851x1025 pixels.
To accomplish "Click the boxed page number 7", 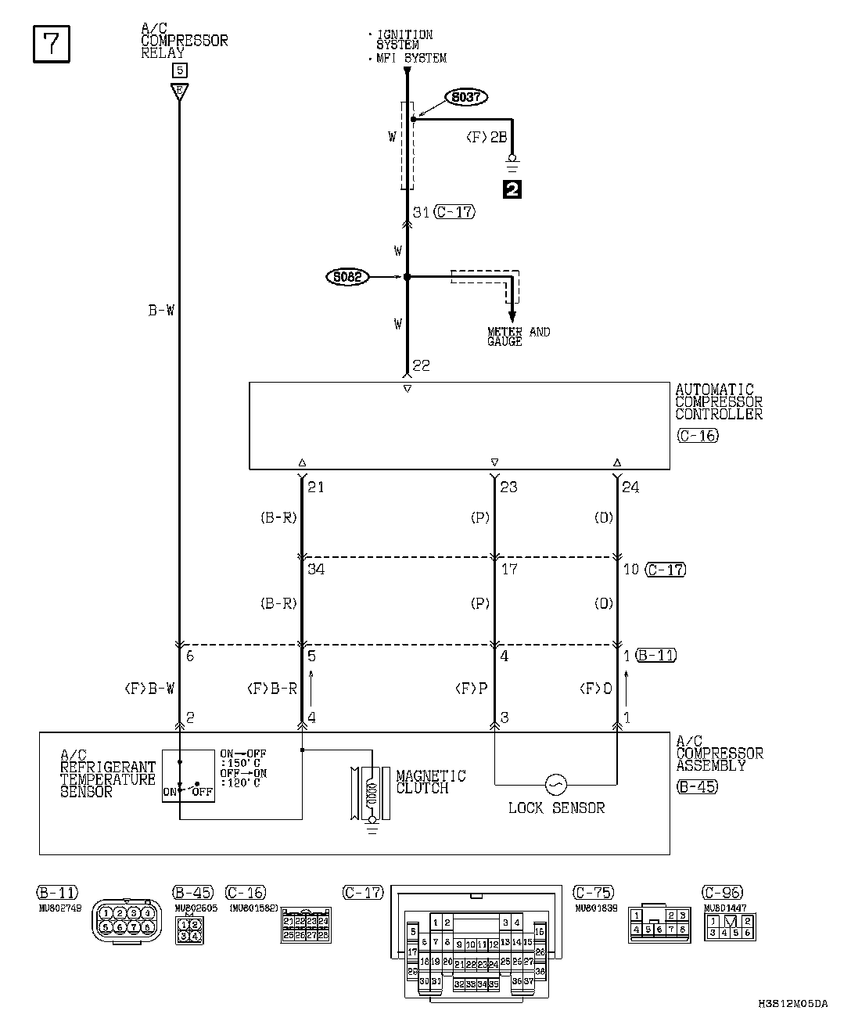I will pos(52,44).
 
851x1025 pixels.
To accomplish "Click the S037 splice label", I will pos(466,97).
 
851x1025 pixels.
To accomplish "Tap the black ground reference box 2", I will pos(513,189).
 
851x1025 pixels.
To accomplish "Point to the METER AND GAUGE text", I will pos(518,336).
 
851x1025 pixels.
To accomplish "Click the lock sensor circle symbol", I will pos(556,783).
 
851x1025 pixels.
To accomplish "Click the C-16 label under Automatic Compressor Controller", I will pos(697,436).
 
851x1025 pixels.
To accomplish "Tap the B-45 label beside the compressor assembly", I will pos(697,786).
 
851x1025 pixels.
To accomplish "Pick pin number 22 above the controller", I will pos(422,366).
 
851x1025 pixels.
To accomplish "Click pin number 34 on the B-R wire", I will pos(316,570).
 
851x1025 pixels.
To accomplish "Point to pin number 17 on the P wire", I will pos(509,570).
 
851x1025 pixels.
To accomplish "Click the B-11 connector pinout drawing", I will pos(125,923).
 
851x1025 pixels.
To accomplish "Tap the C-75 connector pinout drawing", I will pos(660,923).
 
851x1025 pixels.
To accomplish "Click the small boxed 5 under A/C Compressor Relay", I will pos(180,70).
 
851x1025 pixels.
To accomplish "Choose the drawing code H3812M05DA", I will pos(792,1003).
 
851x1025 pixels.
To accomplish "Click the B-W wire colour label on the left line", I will pos(161,311).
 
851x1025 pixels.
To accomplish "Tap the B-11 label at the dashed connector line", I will pos(655,656).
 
